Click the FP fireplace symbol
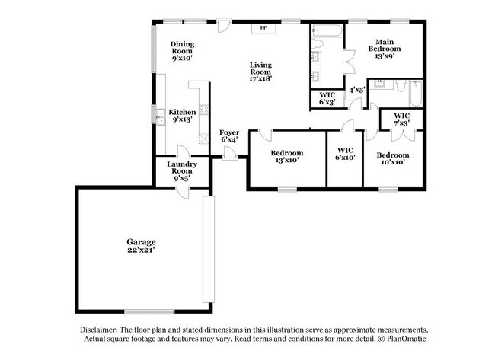(264, 28)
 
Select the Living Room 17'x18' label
(260, 71)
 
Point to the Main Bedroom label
(383, 48)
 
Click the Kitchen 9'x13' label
(182, 115)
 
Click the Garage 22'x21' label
(142, 244)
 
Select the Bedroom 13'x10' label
(288, 157)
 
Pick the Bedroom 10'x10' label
(392, 158)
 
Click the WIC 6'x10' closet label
(345, 155)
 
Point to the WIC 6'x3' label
(327, 98)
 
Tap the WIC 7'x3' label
(401, 119)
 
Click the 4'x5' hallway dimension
(356, 90)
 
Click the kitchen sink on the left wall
(160, 116)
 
